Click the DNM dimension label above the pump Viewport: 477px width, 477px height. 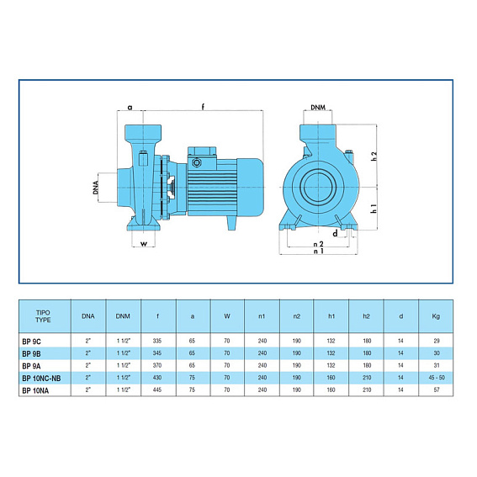pos(318,107)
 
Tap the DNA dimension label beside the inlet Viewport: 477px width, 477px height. pos(96,188)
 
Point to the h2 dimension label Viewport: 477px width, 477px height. pos(374,156)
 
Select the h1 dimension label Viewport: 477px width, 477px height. pos(374,209)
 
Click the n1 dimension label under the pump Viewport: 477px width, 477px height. pos(319,251)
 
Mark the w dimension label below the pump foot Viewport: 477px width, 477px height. pos(144,244)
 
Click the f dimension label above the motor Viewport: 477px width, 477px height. pos(204,107)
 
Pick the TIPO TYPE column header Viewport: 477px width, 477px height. pos(43,316)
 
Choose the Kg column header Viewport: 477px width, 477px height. pos(436,316)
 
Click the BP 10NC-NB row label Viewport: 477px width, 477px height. pos(41,378)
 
